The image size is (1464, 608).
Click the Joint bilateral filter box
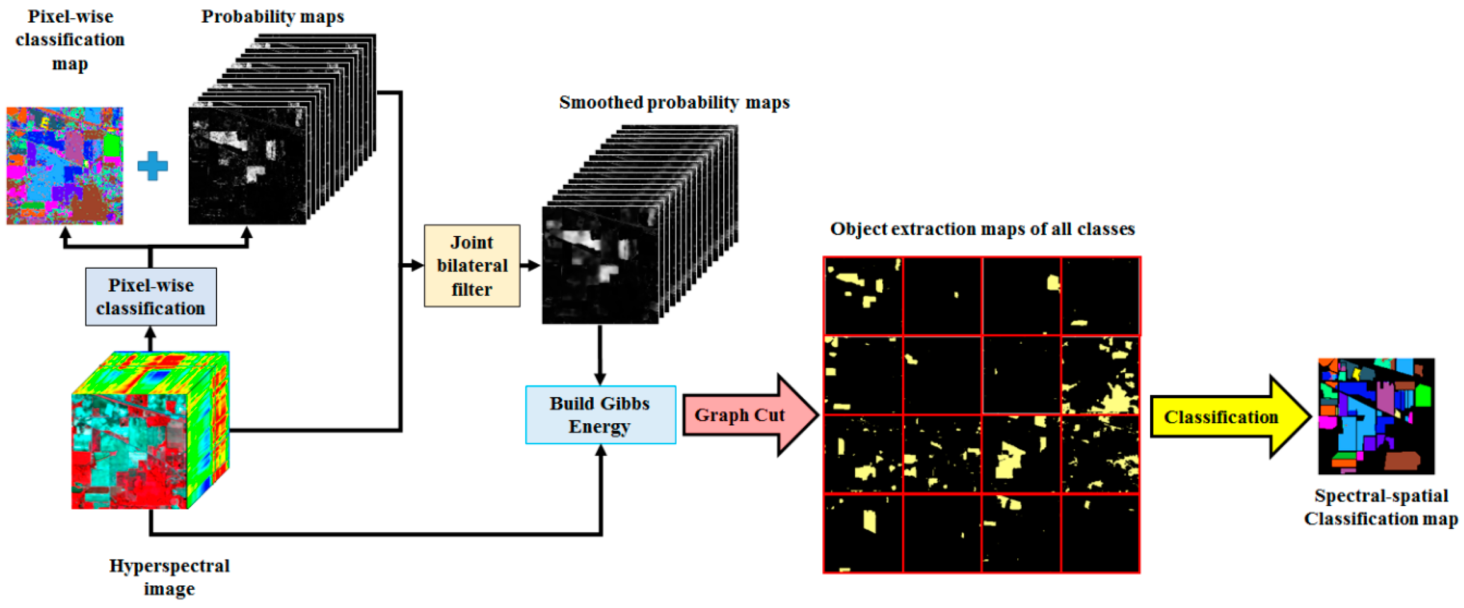point(472,265)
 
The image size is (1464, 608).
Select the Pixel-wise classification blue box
point(151,297)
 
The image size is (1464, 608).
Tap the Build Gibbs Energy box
point(600,415)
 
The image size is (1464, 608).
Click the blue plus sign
point(152,166)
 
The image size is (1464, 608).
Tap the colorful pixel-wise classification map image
point(65,166)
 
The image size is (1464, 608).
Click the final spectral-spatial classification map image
point(1376,416)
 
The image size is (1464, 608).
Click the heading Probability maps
point(272,16)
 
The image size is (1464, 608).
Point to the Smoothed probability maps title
point(674,102)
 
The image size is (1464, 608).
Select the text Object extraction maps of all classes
point(982,229)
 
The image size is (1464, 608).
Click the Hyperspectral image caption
point(169,577)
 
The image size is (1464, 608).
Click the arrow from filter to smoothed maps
point(530,265)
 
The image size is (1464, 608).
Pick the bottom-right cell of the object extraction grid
point(1100,533)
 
